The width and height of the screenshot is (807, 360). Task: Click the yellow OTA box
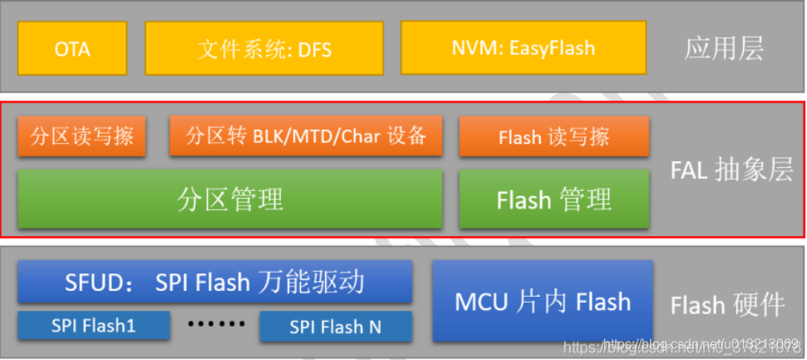pos(72,48)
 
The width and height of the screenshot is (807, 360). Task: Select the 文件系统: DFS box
pos(264,48)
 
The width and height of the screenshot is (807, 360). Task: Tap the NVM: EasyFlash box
pos(523,48)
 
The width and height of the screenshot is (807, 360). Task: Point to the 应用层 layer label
pos(723,49)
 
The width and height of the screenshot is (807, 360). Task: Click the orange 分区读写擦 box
pos(81,136)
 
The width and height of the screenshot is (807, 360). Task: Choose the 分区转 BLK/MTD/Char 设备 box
pos(306,136)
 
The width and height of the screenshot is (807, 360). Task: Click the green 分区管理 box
pos(230,200)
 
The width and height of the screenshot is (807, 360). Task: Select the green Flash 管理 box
pos(554,200)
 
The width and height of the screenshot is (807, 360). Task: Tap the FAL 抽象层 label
pos(732,170)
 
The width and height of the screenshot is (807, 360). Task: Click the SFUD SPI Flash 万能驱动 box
pos(215,283)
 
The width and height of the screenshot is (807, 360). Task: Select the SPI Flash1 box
pos(93,326)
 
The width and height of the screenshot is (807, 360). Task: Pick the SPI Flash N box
pos(336,327)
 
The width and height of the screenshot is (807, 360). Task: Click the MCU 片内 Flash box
pos(542,301)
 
